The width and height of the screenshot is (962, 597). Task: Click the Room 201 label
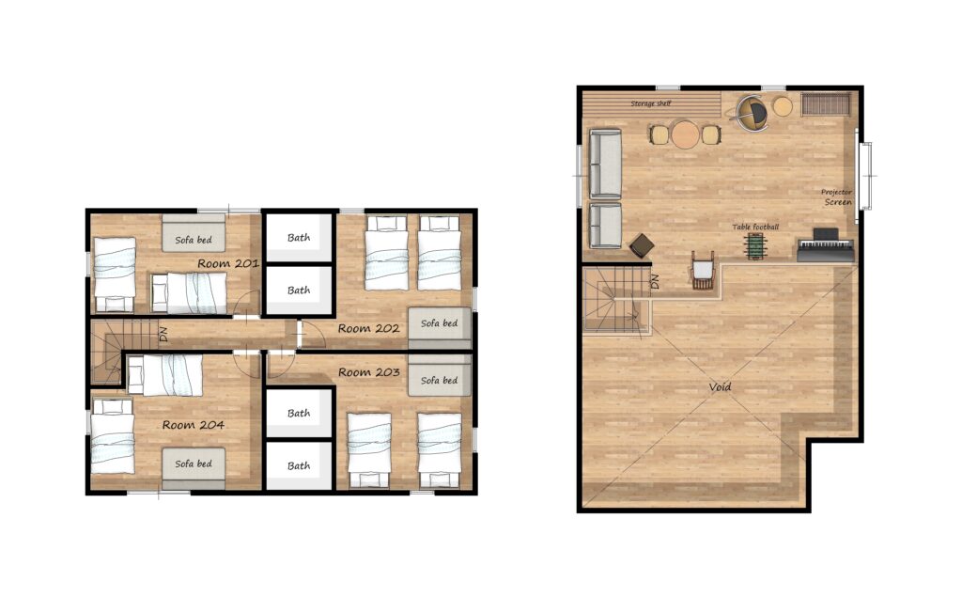click(x=227, y=263)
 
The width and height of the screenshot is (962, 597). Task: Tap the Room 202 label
click(x=368, y=329)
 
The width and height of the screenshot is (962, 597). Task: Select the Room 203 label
click(x=368, y=372)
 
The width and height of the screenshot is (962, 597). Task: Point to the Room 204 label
click(x=193, y=424)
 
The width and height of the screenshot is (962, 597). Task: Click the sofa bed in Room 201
click(x=194, y=233)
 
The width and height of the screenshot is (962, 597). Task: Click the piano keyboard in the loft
click(x=826, y=245)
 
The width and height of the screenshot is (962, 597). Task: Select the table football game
click(x=755, y=245)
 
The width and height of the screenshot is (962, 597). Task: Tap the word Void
click(x=720, y=387)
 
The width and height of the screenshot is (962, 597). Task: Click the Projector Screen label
click(x=837, y=197)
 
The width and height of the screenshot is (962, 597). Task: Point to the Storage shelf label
click(x=650, y=103)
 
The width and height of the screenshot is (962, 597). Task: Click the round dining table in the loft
click(x=685, y=134)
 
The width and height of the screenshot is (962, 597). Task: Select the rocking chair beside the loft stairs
click(x=703, y=270)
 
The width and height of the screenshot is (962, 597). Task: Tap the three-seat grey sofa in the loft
click(x=605, y=164)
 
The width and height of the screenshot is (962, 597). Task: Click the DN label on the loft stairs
click(x=654, y=281)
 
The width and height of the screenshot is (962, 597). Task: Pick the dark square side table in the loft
click(x=642, y=245)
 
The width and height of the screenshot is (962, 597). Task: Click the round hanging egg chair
click(x=752, y=113)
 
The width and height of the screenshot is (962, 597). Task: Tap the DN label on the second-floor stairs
click(x=163, y=335)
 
